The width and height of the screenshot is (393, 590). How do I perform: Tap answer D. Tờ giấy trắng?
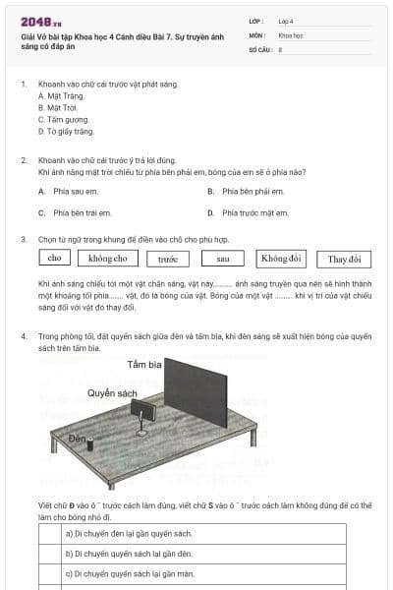click(x=66, y=132)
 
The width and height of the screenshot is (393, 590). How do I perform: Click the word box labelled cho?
click(x=54, y=259)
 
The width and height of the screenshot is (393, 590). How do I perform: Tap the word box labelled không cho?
click(x=107, y=259)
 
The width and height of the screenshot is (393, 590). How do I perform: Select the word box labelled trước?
click(x=167, y=259)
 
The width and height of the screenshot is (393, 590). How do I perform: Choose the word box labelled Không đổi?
click(x=281, y=259)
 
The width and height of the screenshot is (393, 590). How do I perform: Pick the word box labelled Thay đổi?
click(x=344, y=259)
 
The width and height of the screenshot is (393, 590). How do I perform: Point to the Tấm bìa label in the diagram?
click(x=144, y=365)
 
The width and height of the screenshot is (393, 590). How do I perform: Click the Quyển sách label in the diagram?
click(x=112, y=392)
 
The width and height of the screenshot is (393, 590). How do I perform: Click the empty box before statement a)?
click(x=50, y=534)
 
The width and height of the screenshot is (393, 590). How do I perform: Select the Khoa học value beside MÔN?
click(x=291, y=34)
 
